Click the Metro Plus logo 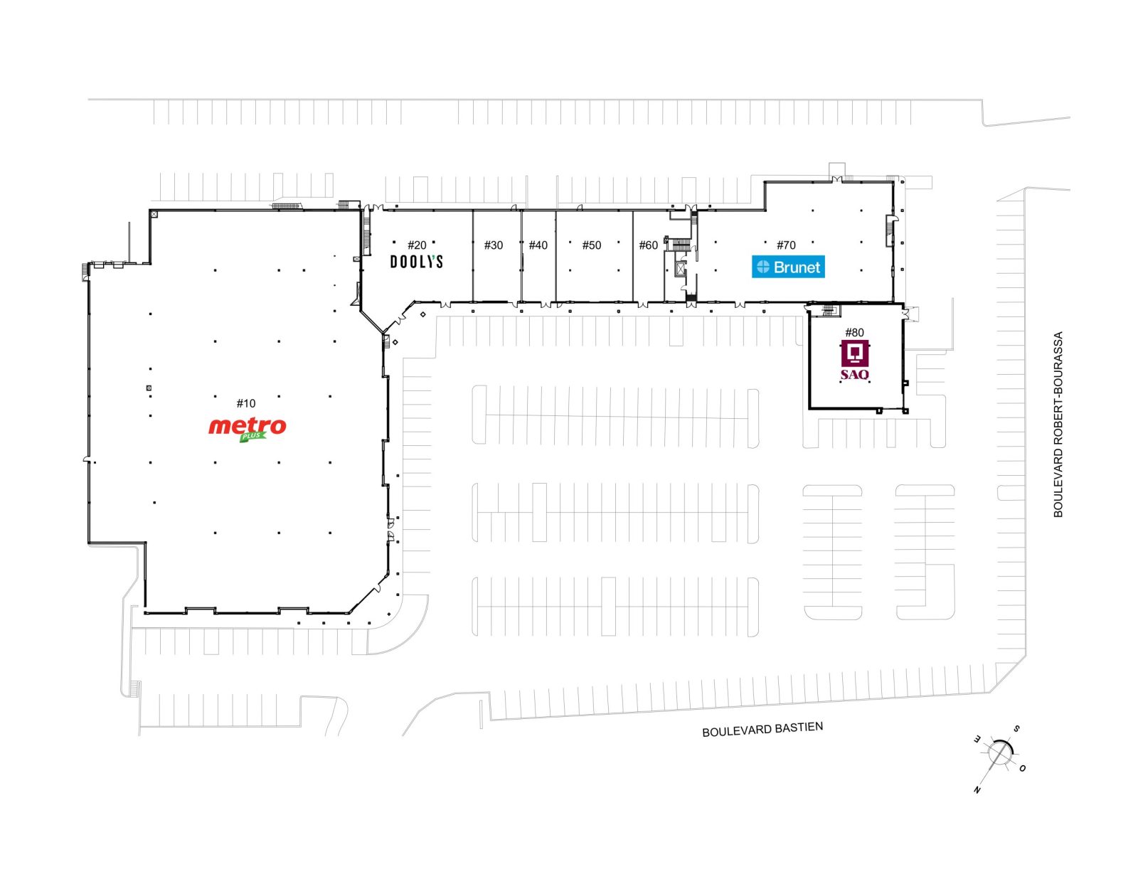248,430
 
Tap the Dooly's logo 416,261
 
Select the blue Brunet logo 788,267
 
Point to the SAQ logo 855,360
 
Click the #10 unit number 245,403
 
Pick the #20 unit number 417,245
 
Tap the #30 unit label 494,245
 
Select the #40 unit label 538,245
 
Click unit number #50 592,245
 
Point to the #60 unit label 649,245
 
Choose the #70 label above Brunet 786,245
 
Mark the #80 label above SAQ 855,332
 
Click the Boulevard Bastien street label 762,730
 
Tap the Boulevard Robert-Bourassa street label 1058,425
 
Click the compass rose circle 1000,754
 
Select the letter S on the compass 1016,728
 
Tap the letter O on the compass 1022,769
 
